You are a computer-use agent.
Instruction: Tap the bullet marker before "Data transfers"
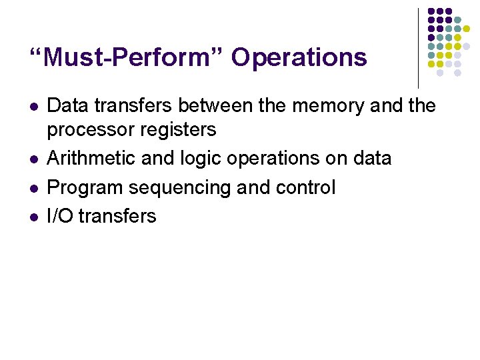[34, 106]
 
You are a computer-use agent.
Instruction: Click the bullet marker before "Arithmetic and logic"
[34, 159]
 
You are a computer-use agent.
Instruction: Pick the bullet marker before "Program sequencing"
[34, 188]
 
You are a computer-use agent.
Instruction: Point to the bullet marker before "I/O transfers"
[34, 217]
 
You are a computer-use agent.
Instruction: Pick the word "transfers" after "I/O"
[117, 216]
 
